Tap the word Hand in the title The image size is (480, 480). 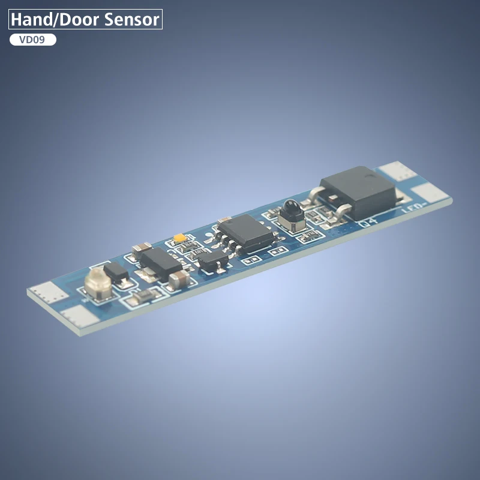point(31,19)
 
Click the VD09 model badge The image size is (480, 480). point(33,40)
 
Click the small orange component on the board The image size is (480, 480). point(178,238)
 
